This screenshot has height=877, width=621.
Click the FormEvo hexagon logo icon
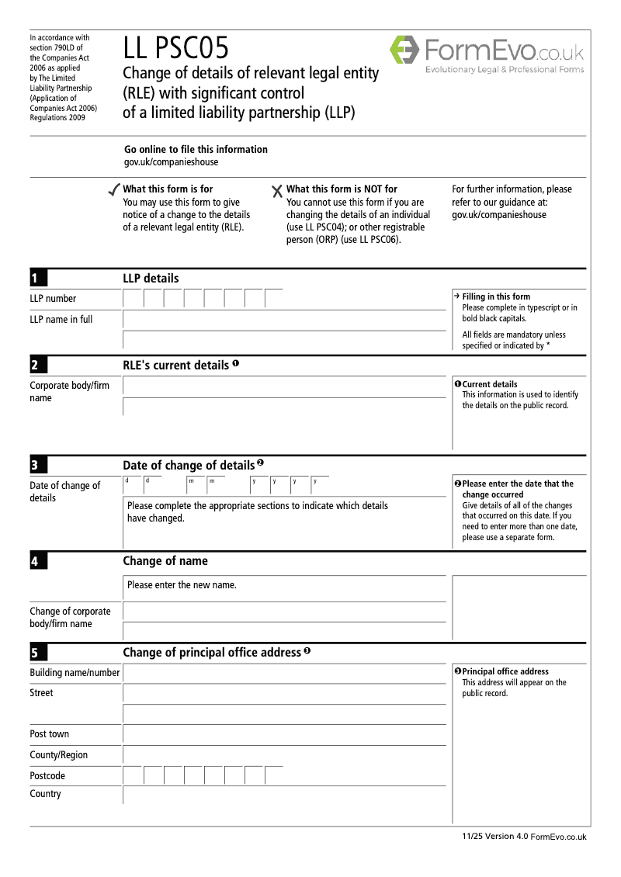(x=404, y=50)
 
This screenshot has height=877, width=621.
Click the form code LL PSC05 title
(x=176, y=49)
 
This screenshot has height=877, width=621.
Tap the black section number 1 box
(x=39, y=279)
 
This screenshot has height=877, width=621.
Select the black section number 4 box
(x=39, y=561)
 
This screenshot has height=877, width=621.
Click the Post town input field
(x=284, y=734)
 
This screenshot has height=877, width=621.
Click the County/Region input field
(x=284, y=755)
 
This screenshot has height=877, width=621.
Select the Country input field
(x=284, y=796)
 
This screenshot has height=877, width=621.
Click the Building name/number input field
(x=284, y=673)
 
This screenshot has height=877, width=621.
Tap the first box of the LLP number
(x=133, y=299)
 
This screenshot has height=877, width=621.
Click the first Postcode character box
(x=133, y=775)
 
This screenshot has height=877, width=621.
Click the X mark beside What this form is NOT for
(x=277, y=191)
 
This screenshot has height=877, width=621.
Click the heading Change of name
(x=165, y=561)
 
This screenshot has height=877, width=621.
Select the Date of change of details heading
(x=189, y=466)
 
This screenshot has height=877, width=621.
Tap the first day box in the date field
(x=133, y=486)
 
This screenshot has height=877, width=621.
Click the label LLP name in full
(x=61, y=319)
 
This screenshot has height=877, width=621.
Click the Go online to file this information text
(x=196, y=149)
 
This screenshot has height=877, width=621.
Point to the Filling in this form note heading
(x=496, y=296)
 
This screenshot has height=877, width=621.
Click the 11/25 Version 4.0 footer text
(x=494, y=836)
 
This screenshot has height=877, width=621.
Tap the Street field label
(x=41, y=693)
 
